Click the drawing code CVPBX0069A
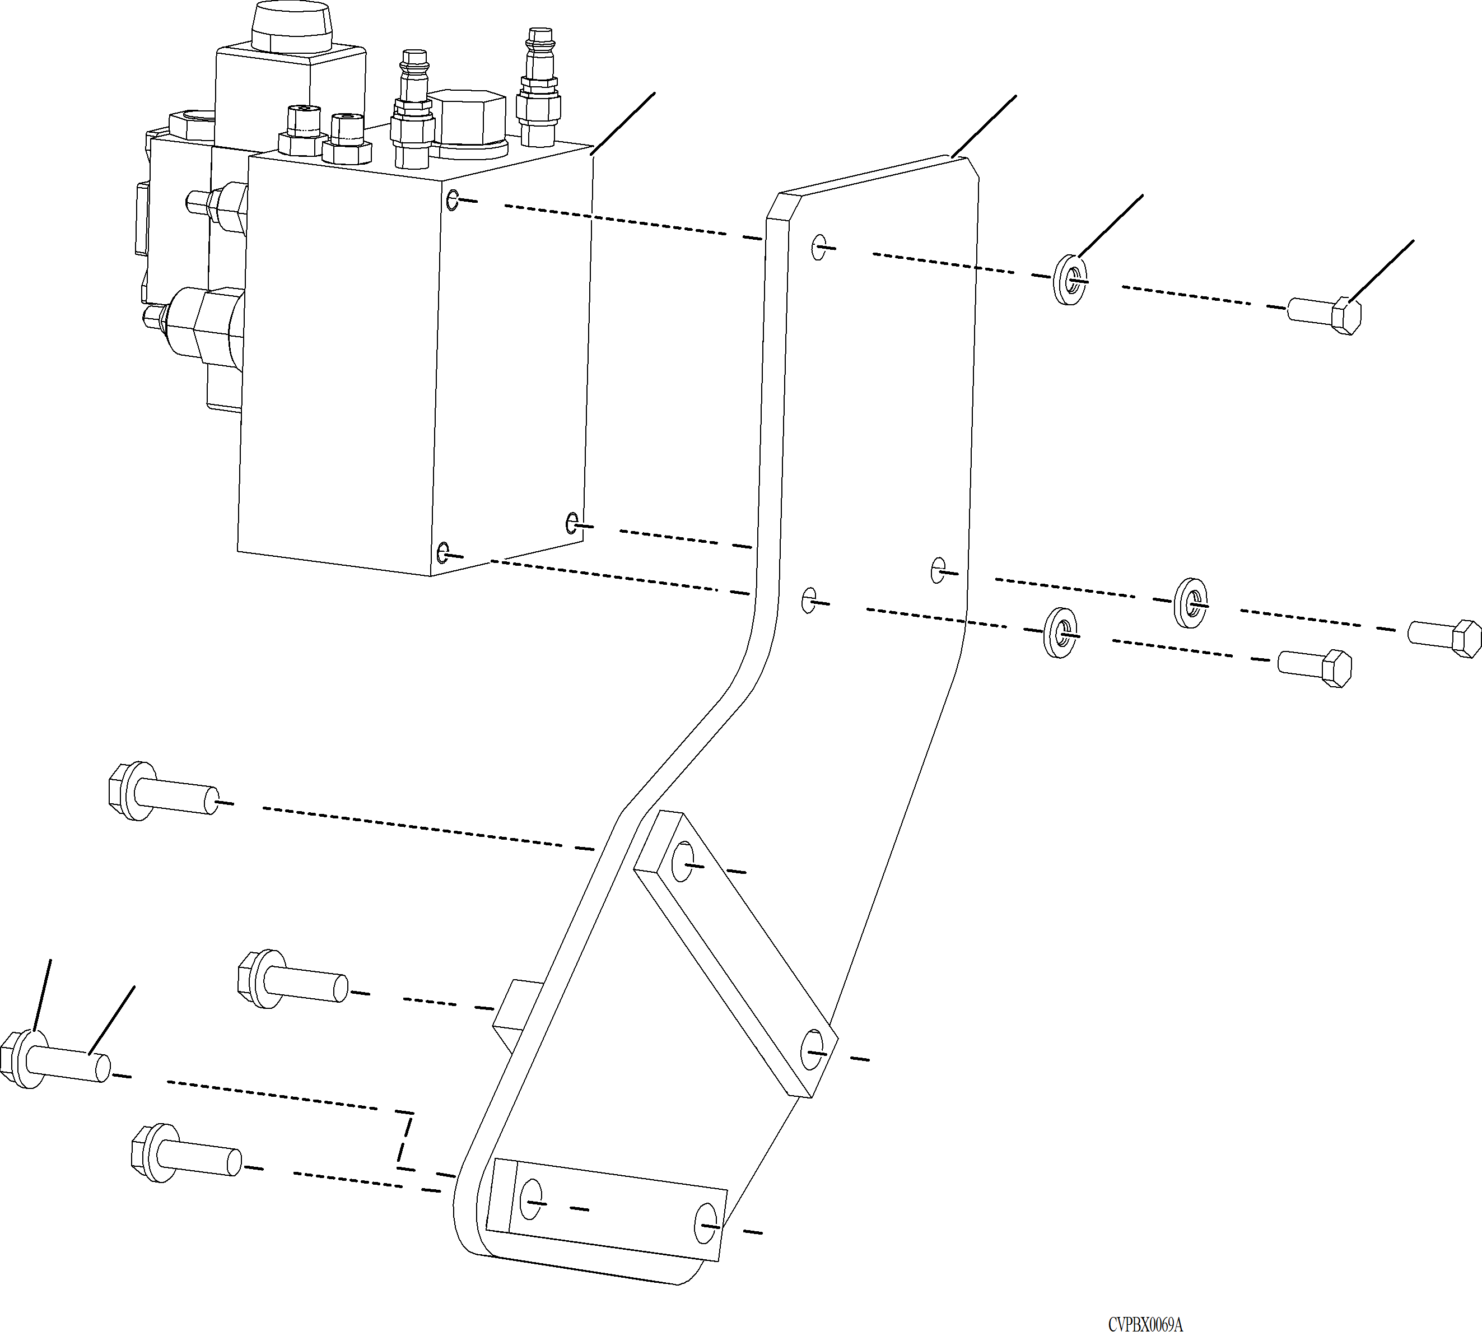point(1145,1324)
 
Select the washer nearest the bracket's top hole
point(1070,279)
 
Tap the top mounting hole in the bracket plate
point(819,248)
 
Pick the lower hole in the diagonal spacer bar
point(812,1051)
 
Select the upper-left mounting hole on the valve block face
point(453,199)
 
